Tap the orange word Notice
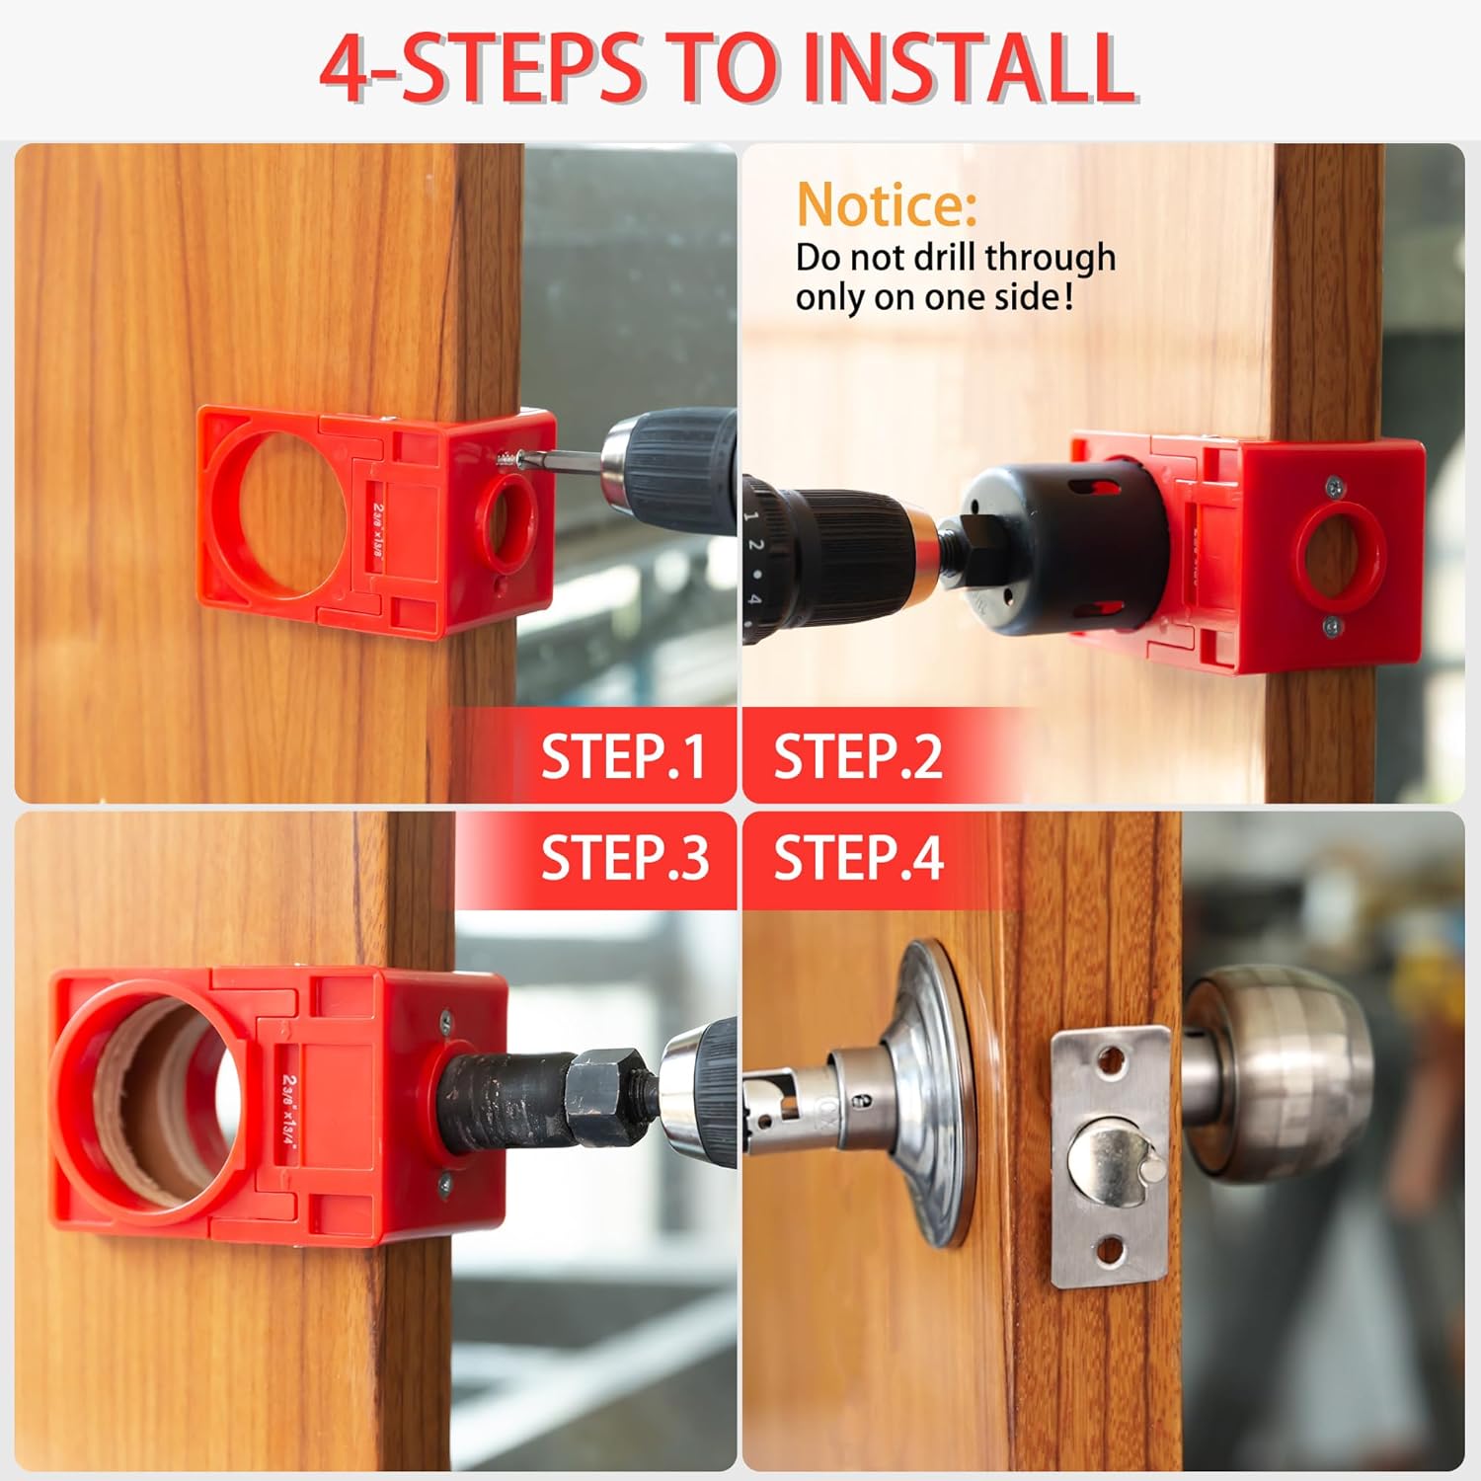(x=886, y=204)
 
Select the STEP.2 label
(x=857, y=757)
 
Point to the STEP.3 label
(x=624, y=856)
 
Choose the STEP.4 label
(x=857, y=856)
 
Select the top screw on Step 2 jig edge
(x=1335, y=484)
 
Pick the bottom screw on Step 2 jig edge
(x=1332, y=625)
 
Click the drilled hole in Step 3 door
(x=148, y=1106)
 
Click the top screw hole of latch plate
(x=1112, y=1063)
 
